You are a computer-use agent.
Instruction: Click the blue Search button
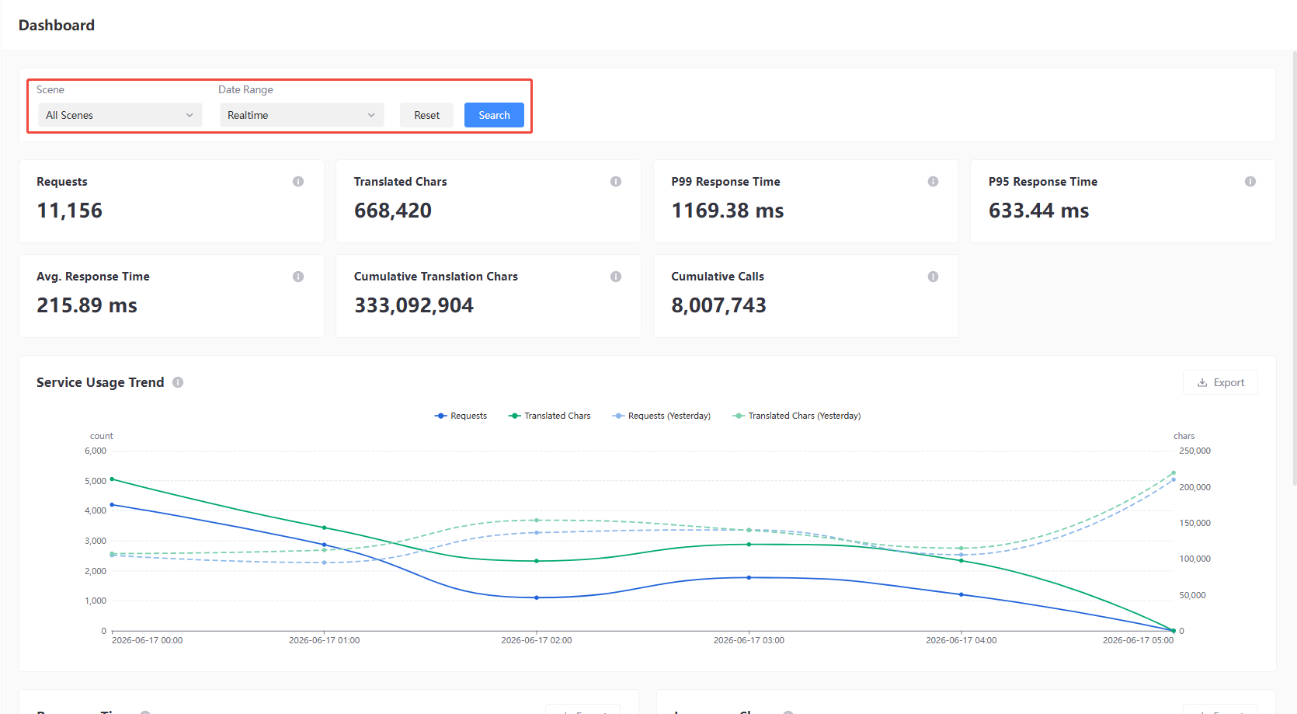click(x=494, y=115)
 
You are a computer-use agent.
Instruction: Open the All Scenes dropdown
click(x=120, y=115)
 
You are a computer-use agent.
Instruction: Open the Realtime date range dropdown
click(x=301, y=115)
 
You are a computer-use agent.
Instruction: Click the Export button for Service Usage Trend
click(x=1220, y=382)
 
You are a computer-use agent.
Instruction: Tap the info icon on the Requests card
click(x=298, y=181)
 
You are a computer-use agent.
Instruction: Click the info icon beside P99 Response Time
click(x=933, y=181)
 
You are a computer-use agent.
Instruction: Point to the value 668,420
click(x=392, y=211)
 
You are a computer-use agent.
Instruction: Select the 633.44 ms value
click(x=1038, y=211)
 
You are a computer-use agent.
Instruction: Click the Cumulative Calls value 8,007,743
click(x=718, y=305)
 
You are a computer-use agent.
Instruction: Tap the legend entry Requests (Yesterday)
click(x=661, y=416)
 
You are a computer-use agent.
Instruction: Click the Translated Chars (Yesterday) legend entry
click(x=797, y=416)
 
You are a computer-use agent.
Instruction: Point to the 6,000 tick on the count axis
click(x=96, y=451)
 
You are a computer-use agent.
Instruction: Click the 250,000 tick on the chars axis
click(x=1194, y=451)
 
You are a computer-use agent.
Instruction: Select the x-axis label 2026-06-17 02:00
click(x=536, y=640)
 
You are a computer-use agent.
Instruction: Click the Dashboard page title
click(x=57, y=25)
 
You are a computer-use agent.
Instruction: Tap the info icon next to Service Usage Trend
click(x=178, y=382)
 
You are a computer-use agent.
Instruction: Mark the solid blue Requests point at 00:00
click(x=112, y=505)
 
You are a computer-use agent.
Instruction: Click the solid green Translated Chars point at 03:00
click(x=749, y=545)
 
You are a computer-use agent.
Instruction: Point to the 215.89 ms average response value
click(x=87, y=305)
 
